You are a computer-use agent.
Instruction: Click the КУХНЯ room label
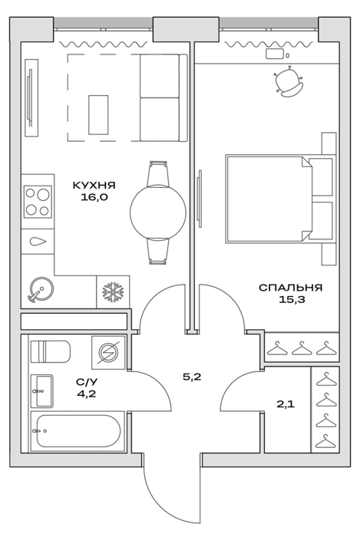pyautogui.click(x=94, y=186)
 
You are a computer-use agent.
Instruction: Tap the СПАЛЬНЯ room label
pyautogui.click(x=290, y=288)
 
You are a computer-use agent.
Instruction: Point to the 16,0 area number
pyautogui.click(x=94, y=197)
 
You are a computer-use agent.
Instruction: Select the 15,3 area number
pyautogui.click(x=292, y=300)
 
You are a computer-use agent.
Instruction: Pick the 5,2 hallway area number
pyautogui.click(x=192, y=377)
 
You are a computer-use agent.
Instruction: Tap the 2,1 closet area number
pyautogui.click(x=286, y=404)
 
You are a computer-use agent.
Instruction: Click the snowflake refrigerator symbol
pyautogui.click(x=113, y=292)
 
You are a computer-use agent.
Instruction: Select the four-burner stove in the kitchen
pyautogui.click(x=38, y=202)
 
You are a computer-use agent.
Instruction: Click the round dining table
pyautogui.click(x=158, y=212)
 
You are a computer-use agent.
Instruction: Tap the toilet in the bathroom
pyautogui.click(x=51, y=351)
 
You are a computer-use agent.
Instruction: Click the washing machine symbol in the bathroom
pyautogui.click(x=108, y=352)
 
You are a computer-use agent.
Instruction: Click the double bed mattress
pyautogui.click(x=269, y=199)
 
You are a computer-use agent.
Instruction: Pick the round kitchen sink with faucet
pyautogui.click(x=41, y=288)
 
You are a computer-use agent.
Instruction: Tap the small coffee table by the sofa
pyautogui.click(x=98, y=115)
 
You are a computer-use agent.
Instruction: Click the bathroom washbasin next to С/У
pyautogui.click(x=42, y=391)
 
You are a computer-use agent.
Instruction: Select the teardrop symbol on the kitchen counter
pyautogui.click(x=38, y=242)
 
